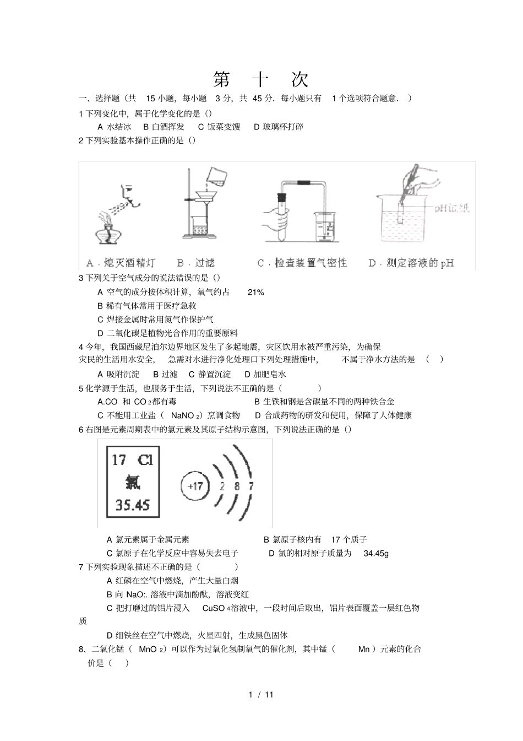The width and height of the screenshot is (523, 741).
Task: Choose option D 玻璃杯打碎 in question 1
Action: (279, 127)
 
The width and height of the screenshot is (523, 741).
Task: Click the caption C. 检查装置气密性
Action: (302, 263)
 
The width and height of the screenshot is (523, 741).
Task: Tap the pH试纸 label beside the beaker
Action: (451, 208)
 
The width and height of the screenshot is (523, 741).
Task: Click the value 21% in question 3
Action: (255, 292)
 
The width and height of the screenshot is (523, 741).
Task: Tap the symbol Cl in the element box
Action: (145, 460)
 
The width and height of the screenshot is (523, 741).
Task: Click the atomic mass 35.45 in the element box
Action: (133, 505)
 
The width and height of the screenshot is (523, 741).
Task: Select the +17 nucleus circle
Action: (195, 486)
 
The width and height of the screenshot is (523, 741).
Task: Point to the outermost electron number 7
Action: (251, 486)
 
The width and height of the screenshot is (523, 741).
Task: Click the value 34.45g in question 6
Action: (376, 553)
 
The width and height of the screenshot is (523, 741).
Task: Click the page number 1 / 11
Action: (261, 694)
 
